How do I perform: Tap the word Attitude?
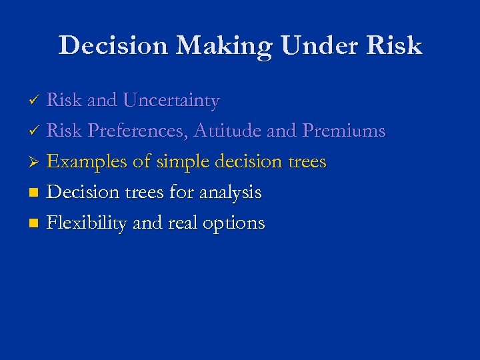(x=227, y=131)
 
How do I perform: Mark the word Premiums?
(x=343, y=131)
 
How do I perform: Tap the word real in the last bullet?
(x=181, y=223)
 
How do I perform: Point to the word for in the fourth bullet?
(x=180, y=193)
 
